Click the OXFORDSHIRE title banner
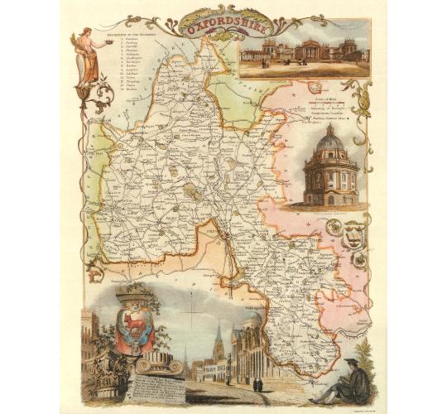[223, 26]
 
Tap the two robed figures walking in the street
[256, 383]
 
